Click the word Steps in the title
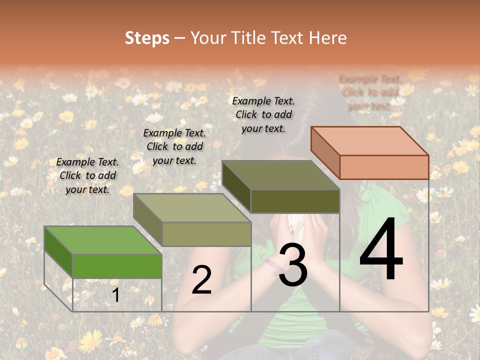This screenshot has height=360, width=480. tap(147, 38)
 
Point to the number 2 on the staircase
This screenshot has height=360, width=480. tap(201, 280)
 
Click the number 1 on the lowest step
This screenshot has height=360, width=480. tap(115, 295)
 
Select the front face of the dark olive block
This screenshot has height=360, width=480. tap(295, 201)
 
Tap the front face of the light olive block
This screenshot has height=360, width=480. tap(206, 234)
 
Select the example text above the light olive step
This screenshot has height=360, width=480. tap(174, 146)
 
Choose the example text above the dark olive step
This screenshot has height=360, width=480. tap(263, 114)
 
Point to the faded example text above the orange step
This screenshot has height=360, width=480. tap(369, 92)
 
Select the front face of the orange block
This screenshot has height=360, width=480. tap(384, 167)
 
